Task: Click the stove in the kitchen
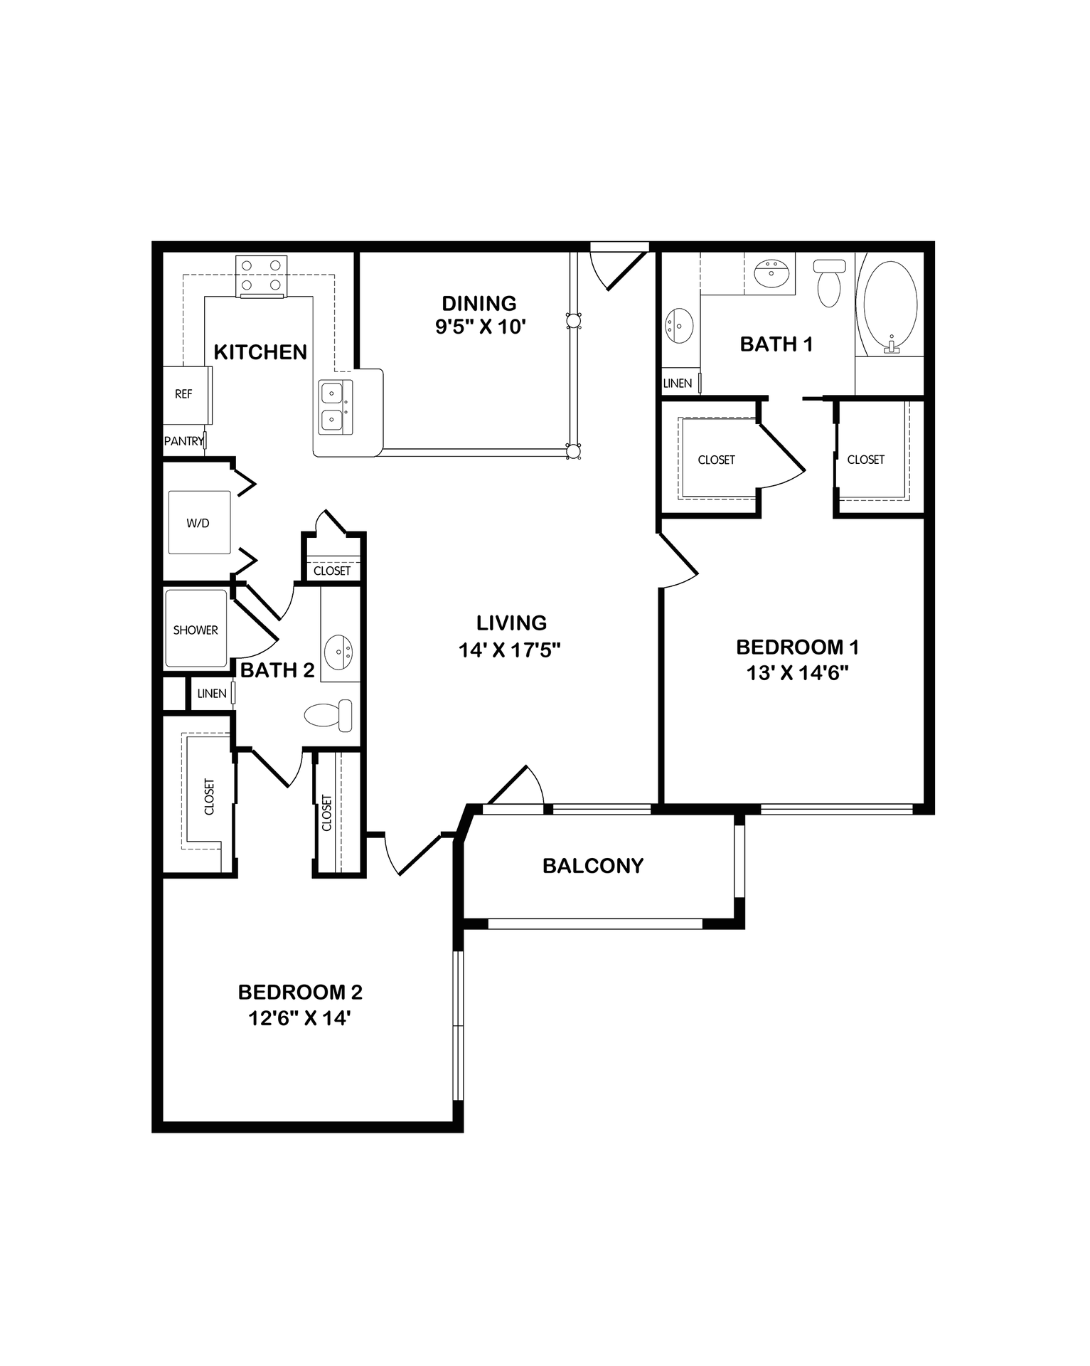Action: (x=262, y=276)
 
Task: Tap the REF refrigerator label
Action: (x=183, y=394)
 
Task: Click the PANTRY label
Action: (x=183, y=441)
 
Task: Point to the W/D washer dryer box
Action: (x=198, y=523)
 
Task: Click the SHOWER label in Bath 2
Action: (x=196, y=630)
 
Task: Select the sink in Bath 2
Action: (x=339, y=650)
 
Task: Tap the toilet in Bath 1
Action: (x=829, y=282)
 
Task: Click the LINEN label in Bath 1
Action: (x=677, y=383)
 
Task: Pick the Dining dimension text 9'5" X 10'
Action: (x=480, y=327)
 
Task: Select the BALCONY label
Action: (x=592, y=866)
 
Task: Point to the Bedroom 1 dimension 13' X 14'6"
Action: (x=798, y=673)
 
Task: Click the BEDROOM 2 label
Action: (x=300, y=992)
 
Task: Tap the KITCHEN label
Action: (x=260, y=352)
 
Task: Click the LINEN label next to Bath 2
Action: (x=212, y=694)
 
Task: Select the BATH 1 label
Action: (x=776, y=344)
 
